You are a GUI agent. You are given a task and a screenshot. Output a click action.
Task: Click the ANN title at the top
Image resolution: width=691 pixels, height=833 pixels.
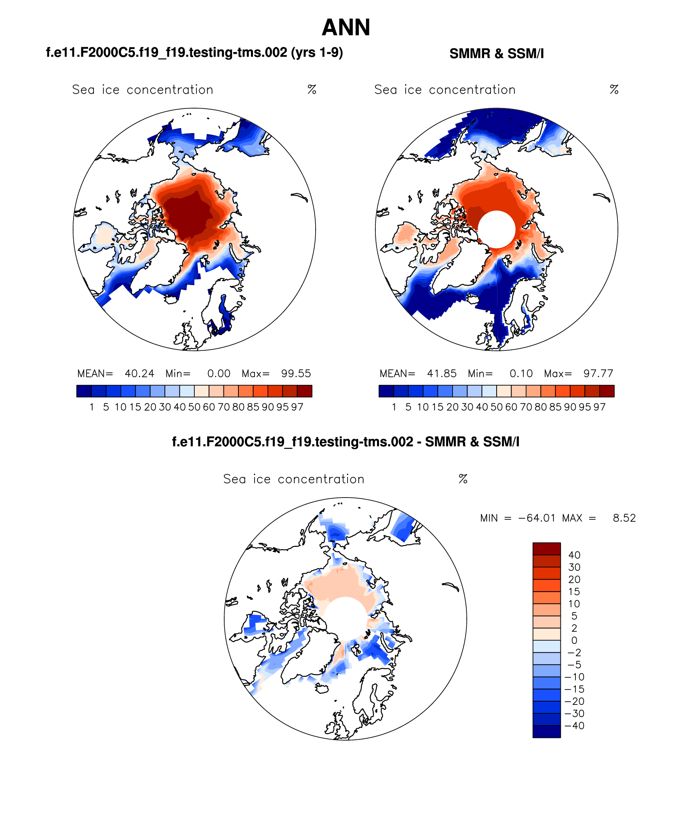346,27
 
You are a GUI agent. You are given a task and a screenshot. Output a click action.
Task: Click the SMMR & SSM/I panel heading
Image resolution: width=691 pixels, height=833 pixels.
497,54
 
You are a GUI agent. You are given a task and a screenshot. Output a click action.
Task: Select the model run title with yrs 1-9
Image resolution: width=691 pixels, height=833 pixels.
194,53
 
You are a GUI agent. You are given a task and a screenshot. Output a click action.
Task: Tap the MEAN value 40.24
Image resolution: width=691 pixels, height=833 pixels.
139,373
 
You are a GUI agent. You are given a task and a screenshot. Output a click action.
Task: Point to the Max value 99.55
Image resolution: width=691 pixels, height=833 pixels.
296,373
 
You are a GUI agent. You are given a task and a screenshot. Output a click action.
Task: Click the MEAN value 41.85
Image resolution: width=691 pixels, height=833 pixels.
442,373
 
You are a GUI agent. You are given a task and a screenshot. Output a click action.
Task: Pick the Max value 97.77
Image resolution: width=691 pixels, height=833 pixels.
598,373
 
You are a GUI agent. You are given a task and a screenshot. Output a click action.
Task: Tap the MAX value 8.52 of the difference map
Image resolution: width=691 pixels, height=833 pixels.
624,518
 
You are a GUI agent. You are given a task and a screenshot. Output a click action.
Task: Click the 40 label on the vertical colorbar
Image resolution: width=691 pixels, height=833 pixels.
574,555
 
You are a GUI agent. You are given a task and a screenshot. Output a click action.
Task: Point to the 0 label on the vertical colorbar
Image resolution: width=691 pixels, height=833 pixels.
574,641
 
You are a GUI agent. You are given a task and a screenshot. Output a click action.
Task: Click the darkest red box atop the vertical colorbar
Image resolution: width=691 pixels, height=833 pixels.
547,549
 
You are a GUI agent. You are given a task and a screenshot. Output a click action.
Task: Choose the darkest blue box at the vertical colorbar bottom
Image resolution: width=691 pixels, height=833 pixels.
547,732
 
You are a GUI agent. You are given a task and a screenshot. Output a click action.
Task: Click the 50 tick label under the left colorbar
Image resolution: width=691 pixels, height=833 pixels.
194,407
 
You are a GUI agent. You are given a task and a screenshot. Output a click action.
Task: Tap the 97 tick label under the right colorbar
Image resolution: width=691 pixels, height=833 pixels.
600,407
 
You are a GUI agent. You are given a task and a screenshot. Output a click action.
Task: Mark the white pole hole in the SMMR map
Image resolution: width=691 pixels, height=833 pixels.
497,229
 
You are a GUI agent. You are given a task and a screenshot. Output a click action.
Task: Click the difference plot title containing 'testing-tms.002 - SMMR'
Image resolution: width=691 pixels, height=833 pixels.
345,442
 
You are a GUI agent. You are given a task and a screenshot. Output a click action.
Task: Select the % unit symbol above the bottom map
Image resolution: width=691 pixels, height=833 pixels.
463,479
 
